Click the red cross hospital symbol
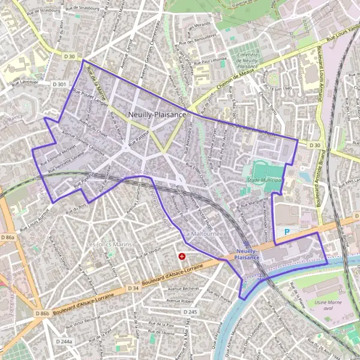182,256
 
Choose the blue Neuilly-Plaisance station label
248,254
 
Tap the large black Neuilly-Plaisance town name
157,114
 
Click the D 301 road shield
59,85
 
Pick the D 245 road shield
190,312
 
